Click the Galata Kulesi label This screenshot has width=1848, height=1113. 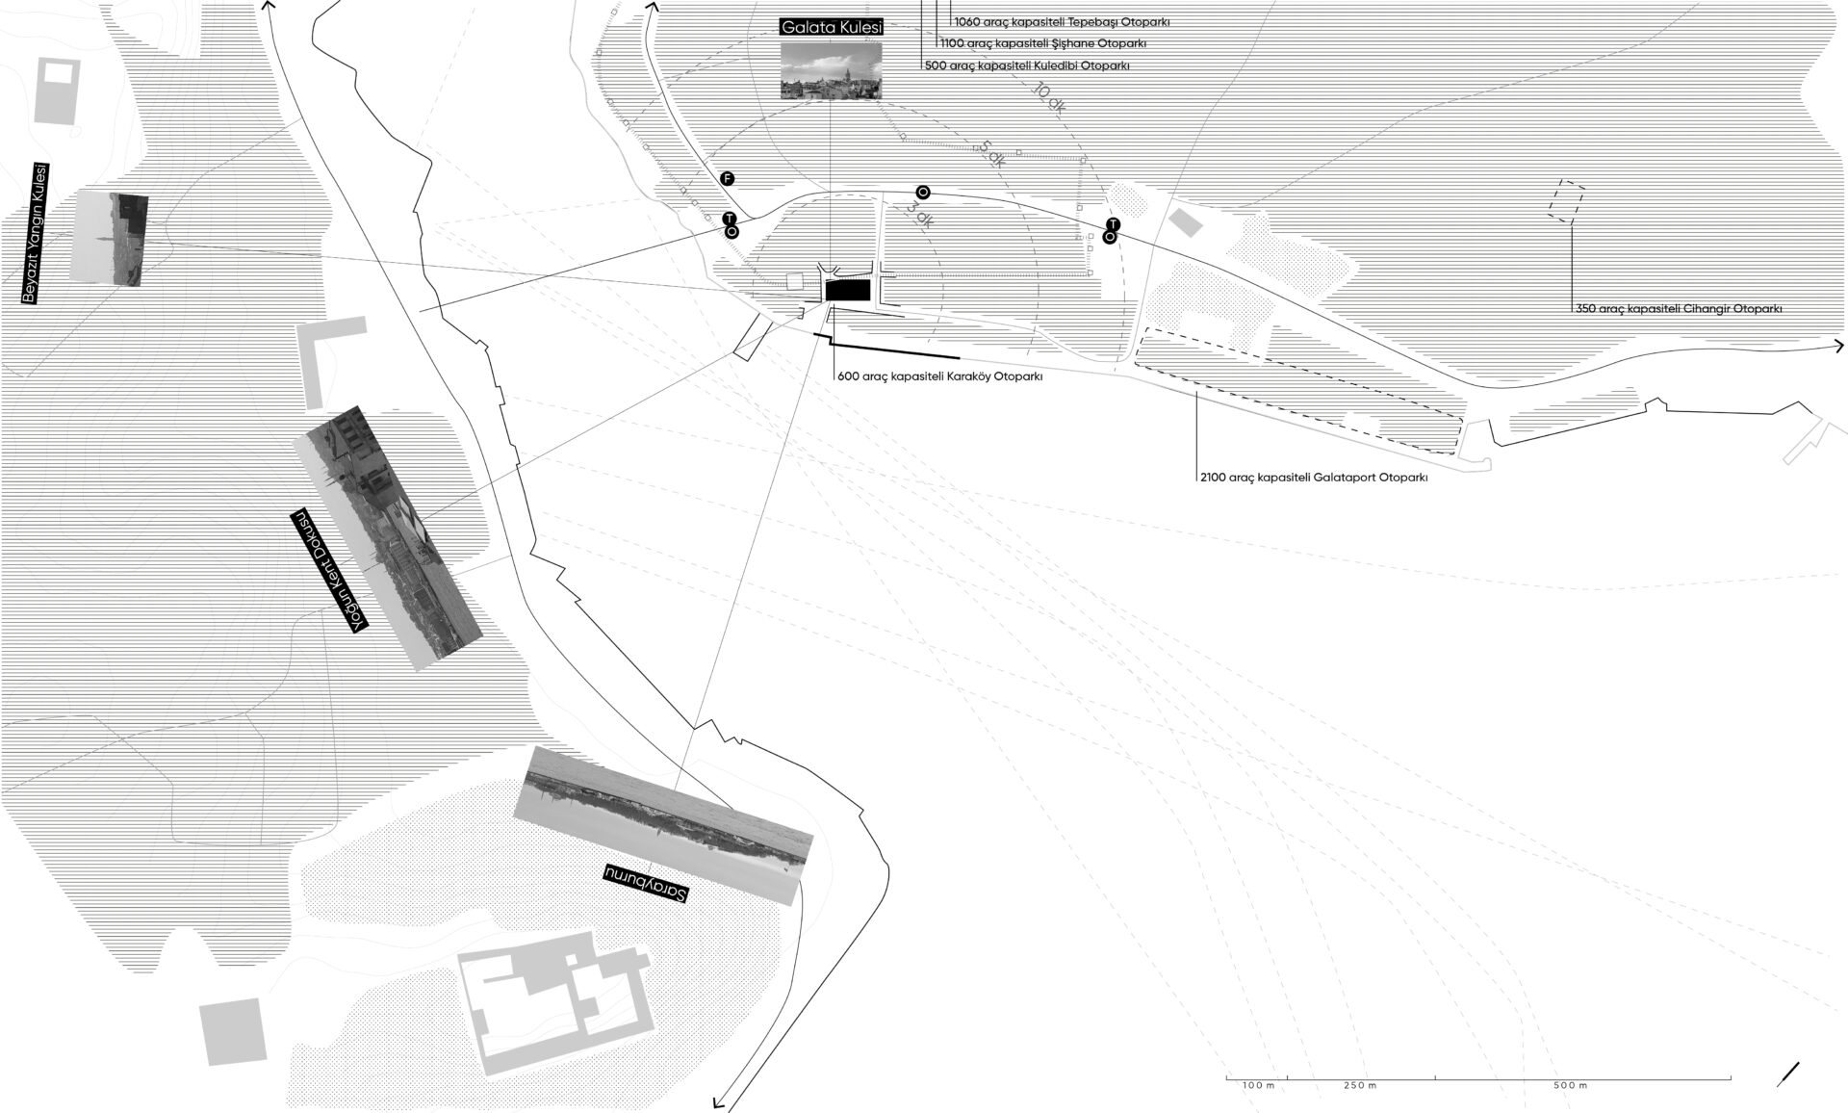coord(832,28)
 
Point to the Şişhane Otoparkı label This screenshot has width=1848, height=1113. coord(1042,43)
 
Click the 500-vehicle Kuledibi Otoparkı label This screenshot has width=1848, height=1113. coord(1026,66)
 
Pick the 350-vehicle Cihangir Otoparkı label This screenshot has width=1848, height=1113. coord(1679,309)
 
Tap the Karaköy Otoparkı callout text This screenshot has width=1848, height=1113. coord(940,377)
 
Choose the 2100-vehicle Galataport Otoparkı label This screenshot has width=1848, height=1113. coord(1313,477)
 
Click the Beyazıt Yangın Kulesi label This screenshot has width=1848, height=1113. coord(29,233)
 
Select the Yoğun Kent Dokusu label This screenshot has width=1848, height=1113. coord(329,570)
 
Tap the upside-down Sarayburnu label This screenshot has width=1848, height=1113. coord(646,883)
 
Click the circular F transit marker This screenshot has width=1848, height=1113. coord(728,179)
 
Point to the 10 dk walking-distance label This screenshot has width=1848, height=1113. coord(1048,99)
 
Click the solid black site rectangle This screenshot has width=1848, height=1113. coord(848,290)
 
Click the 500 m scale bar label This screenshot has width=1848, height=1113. coord(1570,1085)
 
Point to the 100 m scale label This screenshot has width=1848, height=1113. coord(1257,1085)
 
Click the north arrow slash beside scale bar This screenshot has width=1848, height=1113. coord(1789,1074)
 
